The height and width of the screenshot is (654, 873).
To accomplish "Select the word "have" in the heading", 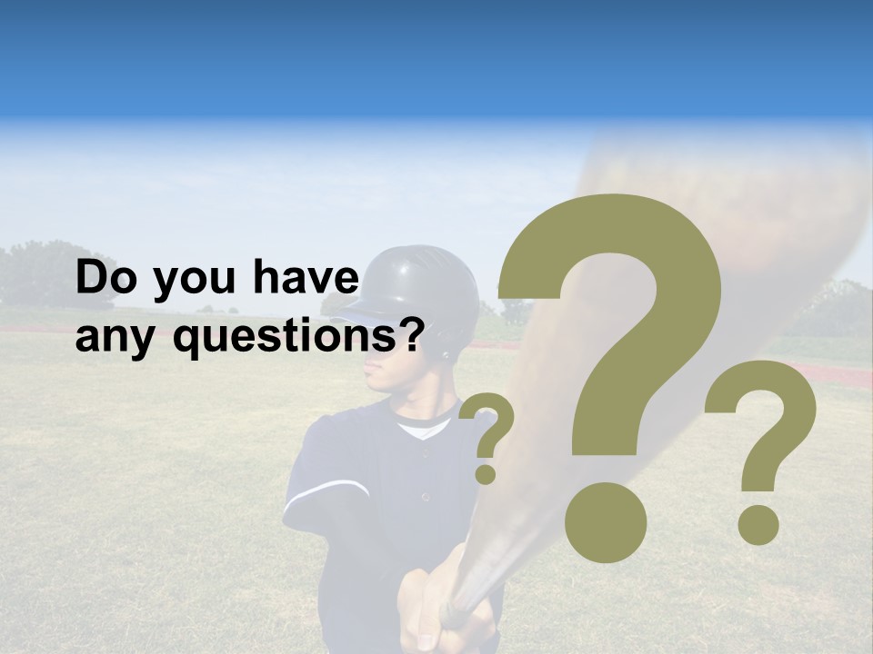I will (x=306, y=278).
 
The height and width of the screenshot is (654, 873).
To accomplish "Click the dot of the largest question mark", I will (x=606, y=521).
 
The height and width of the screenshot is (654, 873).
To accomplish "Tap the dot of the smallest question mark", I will (x=486, y=473).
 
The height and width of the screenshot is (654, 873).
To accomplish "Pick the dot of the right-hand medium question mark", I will (x=758, y=524).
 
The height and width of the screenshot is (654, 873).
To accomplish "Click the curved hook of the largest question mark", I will (x=637, y=272).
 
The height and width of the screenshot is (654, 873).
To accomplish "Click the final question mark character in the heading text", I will (x=411, y=336).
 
